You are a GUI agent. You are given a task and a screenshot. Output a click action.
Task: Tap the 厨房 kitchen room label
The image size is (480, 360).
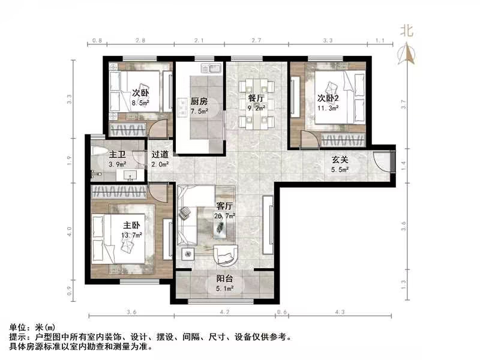tap(199, 101)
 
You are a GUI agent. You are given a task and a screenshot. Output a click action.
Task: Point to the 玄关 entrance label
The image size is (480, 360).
tap(341, 160)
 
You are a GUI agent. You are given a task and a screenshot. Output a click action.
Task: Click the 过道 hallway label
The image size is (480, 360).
tap(159, 154)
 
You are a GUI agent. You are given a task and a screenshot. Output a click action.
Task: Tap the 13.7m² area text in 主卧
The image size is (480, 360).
tap(131, 235)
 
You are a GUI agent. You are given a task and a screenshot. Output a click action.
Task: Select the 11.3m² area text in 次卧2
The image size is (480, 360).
tap(328, 109)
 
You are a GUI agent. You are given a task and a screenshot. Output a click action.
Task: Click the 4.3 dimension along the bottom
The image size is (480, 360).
tap(340, 313)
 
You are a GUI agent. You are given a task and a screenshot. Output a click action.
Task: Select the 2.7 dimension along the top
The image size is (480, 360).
tap(256, 41)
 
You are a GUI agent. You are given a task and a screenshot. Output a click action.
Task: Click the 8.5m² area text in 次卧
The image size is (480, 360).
tap(140, 102)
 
